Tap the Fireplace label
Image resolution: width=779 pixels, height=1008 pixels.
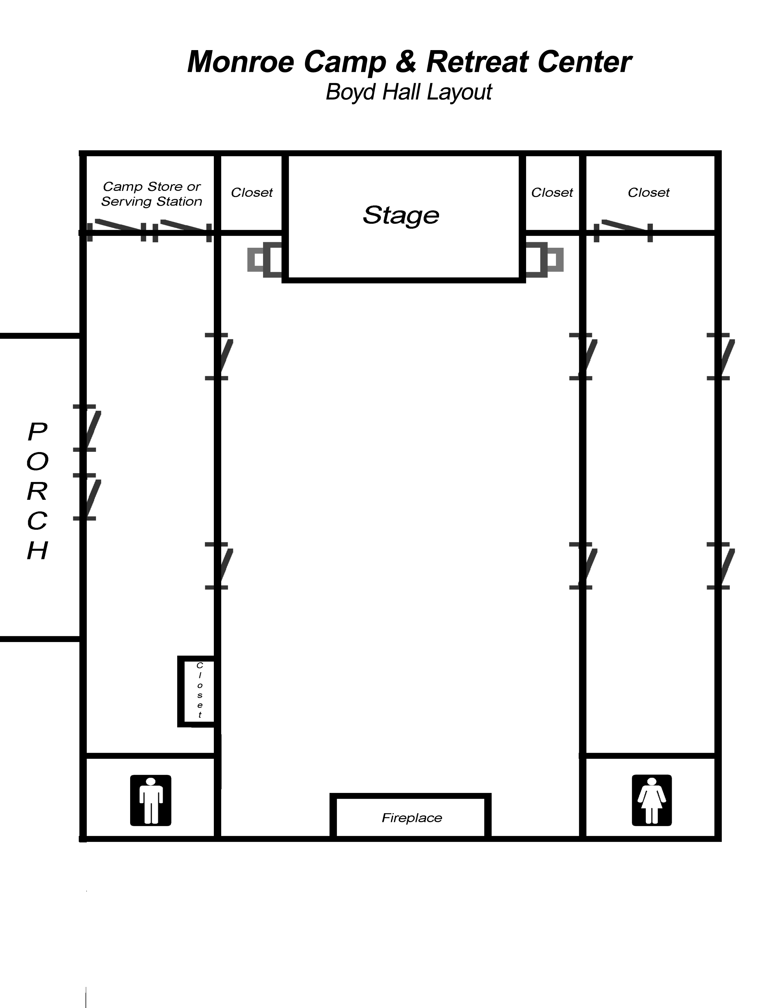click(412, 818)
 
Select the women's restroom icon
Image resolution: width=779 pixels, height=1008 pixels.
click(652, 800)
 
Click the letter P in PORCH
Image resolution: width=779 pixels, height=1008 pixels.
click(37, 432)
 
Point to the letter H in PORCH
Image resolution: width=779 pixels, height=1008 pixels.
click(37, 550)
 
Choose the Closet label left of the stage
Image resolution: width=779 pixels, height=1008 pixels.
click(252, 192)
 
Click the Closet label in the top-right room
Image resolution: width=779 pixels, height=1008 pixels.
click(648, 192)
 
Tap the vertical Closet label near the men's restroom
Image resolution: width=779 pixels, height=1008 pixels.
click(200, 690)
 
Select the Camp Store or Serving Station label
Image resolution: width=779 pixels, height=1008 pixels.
click(152, 194)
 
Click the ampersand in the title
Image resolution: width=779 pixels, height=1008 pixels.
click(406, 62)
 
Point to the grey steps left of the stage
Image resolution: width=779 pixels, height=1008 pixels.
click(265, 260)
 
